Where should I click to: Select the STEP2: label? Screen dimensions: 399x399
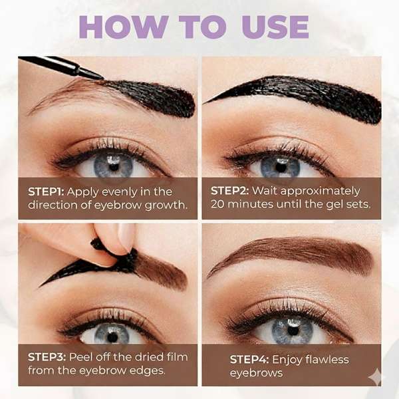coord(229,191)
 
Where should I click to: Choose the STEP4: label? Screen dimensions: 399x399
coord(248,360)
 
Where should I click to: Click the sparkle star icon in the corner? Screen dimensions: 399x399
coord(376,377)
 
